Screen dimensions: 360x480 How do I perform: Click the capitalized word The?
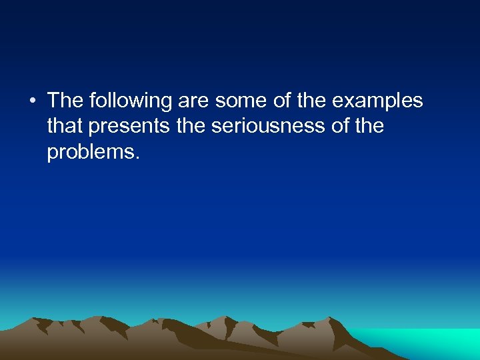pos(65,101)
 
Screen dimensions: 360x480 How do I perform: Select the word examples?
pos(377,101)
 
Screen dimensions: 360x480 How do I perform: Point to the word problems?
pos(91,153)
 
